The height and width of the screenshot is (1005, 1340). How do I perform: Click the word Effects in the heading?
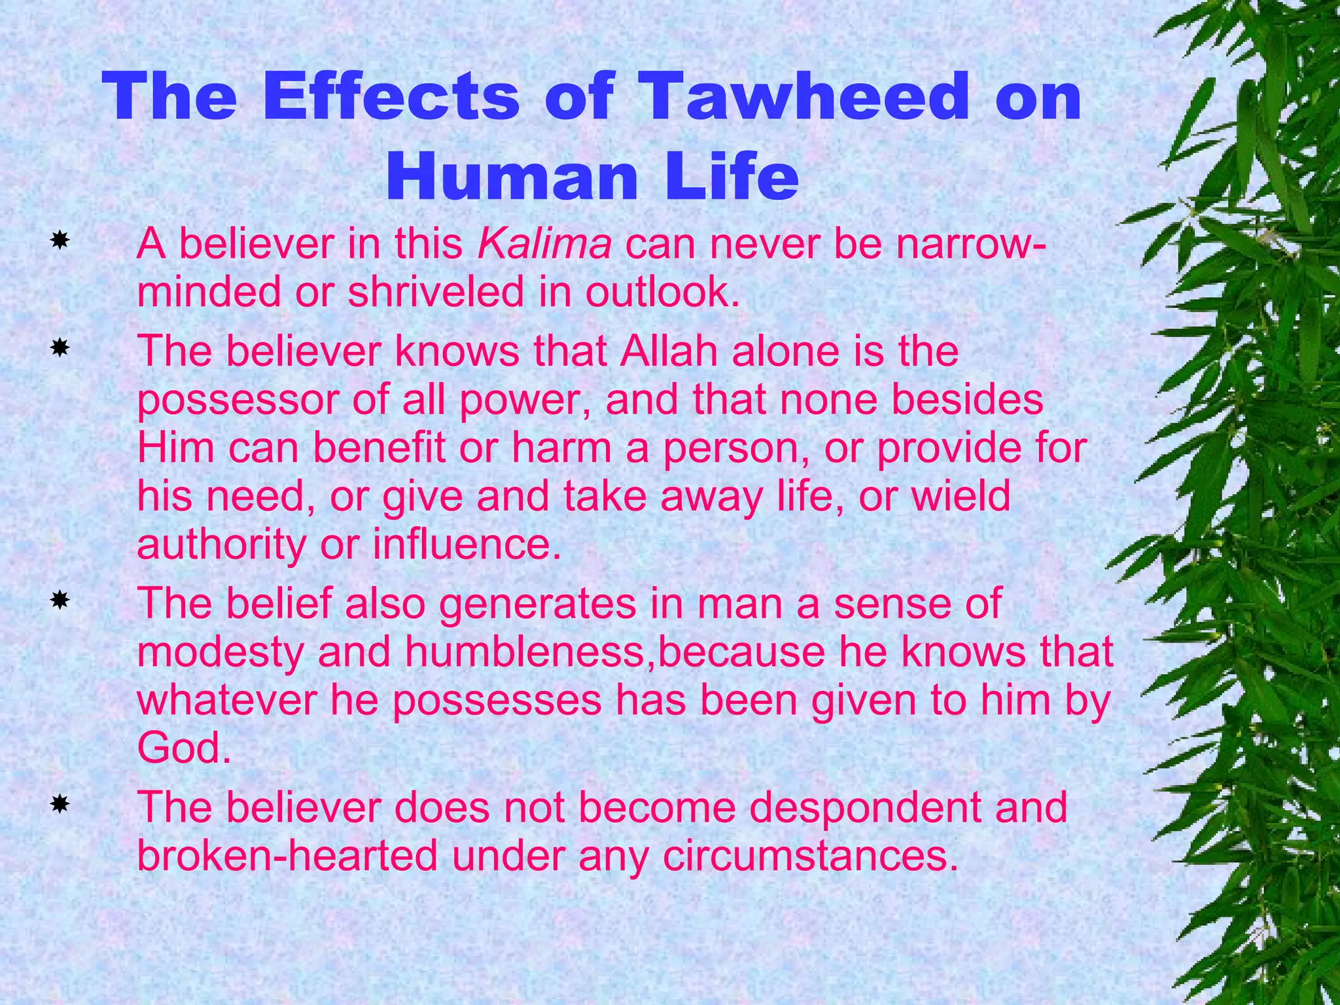tap(391, 97)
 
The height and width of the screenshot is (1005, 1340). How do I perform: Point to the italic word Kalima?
tap(545, 244)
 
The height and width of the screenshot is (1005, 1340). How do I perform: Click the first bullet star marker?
tap(60, 241)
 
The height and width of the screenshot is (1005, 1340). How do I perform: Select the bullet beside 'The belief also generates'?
tap(60, 600)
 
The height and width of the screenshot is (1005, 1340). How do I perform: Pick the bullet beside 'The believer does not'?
tap(60, 804)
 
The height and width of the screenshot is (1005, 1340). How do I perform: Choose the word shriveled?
tap(436, 292)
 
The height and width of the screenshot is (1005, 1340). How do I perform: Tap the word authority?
tap(221, 544)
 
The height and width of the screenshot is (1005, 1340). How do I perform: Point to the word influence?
tap(467, 544)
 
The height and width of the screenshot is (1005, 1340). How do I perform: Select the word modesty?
tap(220, 652)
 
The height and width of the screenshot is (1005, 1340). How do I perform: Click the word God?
tap(184, 748)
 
